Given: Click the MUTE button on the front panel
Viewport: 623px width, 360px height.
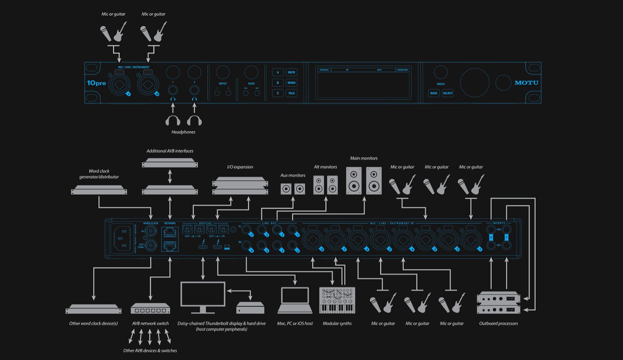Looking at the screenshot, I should tap(291, 72).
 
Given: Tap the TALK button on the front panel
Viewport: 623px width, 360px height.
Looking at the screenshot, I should tap(291, 93).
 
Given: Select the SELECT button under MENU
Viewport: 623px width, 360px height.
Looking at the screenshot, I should tap(448, 93).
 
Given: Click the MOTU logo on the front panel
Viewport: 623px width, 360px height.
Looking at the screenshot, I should tap(526, 83).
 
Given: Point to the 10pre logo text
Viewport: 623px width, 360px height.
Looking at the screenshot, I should tap(96, 83).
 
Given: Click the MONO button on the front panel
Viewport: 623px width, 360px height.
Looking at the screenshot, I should tap(291, 83).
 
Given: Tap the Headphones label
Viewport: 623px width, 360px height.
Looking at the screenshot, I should tap(184, 132).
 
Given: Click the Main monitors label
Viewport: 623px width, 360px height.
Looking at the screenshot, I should tap(364, 158).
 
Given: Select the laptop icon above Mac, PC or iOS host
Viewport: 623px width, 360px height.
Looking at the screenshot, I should tap(295, 300).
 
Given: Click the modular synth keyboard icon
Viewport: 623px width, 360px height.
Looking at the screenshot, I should tap(337, 301).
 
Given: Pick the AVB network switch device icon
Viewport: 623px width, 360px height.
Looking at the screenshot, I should tap(150, 309).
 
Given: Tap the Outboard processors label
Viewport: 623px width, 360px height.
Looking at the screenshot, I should tap(498, 323).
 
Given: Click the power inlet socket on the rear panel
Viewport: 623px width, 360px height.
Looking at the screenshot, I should tap(122, 238).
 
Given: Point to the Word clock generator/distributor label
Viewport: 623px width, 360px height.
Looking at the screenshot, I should tap(99, 174).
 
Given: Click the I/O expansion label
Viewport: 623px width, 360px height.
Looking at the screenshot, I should tap(240, 167).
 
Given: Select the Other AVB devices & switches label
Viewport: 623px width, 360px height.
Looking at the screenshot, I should tap(150, 351).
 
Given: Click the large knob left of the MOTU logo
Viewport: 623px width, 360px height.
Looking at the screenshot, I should tap(475, 83).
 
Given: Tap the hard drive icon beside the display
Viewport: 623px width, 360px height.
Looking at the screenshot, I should tap(250, 308).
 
